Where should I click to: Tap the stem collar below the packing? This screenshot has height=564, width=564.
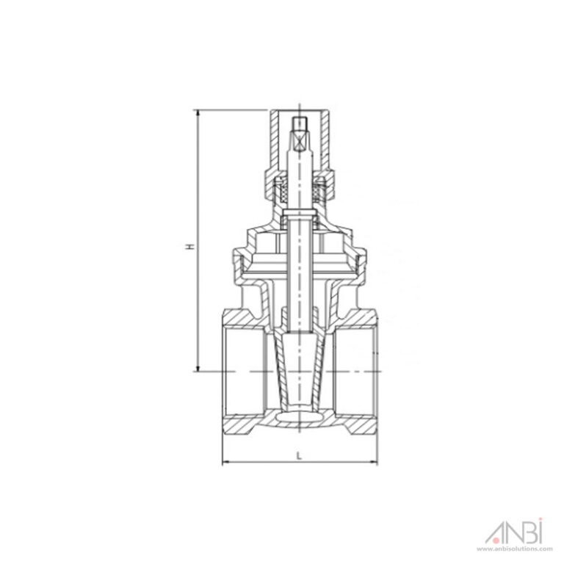tap(299, 217)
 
